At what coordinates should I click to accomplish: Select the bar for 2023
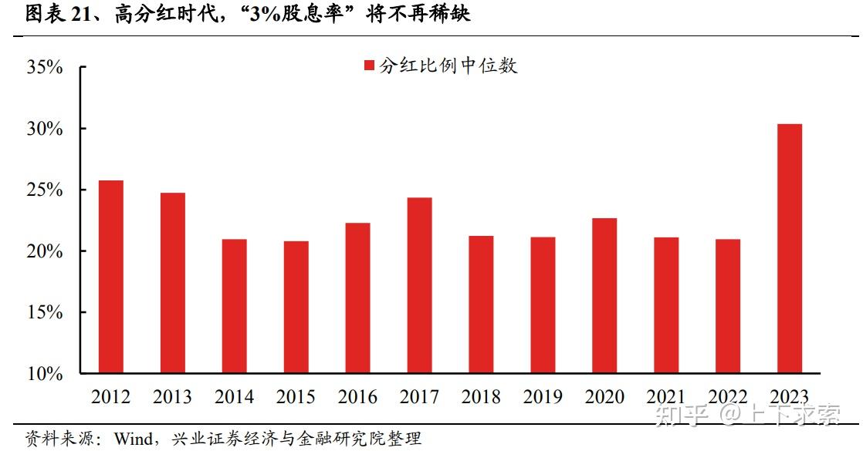point(790,248)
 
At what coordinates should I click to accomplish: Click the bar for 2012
point(111,277)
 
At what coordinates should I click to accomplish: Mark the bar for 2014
point(234,306)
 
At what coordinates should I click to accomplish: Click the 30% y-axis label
point(45,129)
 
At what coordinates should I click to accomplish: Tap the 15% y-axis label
point(45,312)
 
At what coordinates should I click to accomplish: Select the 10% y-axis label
point(45,374)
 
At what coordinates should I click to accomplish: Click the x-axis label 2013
point(173,397)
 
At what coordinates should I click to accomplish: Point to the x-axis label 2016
point(357,397)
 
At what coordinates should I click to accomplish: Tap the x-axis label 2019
point(543,397)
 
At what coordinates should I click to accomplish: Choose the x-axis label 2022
point(728,397)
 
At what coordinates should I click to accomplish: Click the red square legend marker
point(368,66)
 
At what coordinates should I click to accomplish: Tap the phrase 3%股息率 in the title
point(296,15)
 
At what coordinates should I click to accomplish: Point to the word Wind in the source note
point(132,439)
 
